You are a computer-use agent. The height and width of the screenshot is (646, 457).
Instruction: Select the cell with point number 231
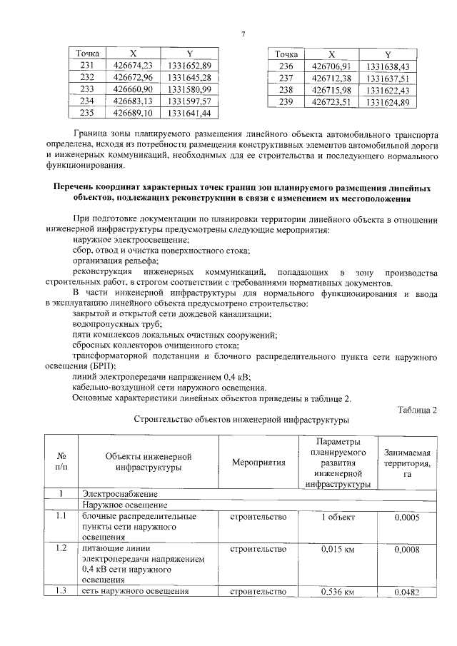(88, 66)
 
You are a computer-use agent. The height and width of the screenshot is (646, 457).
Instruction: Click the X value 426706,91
(331, 66)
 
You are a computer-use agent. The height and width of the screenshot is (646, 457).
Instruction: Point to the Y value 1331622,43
(386, 91)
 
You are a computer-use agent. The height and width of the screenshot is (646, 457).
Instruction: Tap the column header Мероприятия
(258, 462)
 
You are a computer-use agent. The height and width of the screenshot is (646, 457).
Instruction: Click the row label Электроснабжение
(118, 493)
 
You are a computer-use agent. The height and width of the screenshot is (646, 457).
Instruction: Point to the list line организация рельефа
(111, 261)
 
